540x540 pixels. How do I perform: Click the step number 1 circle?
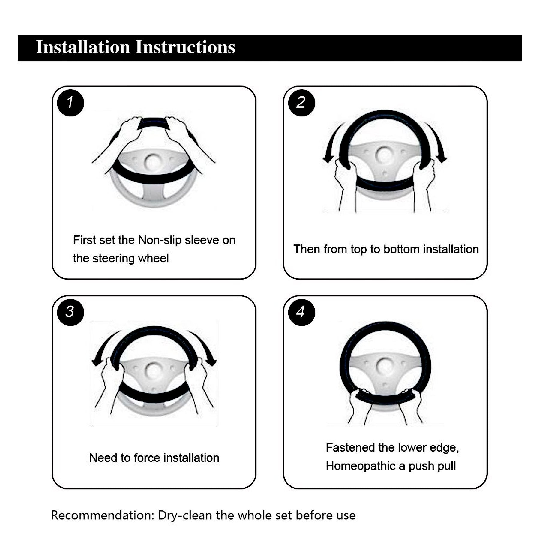[x=70, y=103]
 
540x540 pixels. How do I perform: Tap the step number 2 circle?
[x=301, y=103]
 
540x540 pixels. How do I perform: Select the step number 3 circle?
[x=70, y=312]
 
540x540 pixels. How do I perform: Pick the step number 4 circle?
[x=301, y=312]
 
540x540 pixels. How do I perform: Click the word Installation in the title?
[x=83, y=47]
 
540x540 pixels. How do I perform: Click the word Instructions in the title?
[x=185, y=47]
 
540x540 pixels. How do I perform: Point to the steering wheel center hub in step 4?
[x=385, y=366]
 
